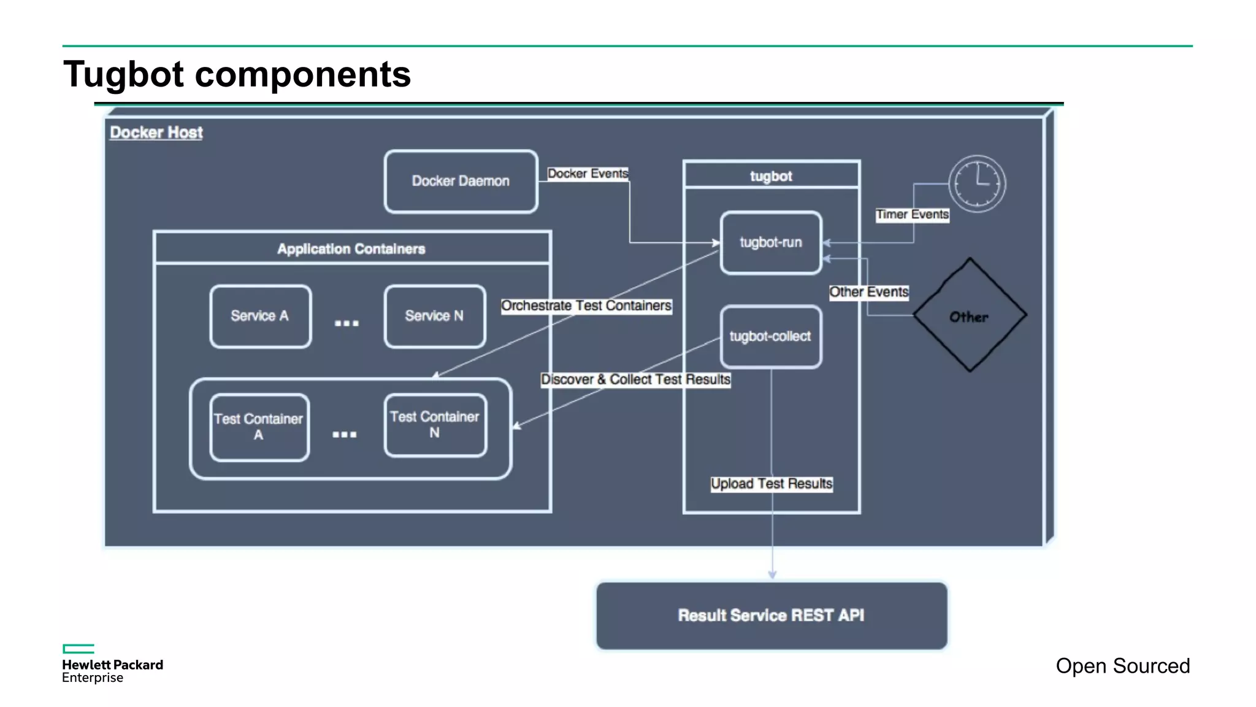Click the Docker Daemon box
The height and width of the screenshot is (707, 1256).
461,182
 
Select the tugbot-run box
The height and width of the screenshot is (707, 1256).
771,243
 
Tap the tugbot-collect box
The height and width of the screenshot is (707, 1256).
771,336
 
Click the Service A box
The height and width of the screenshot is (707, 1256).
260,316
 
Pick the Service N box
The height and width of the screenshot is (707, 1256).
434,316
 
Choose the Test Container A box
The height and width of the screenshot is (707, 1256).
259,427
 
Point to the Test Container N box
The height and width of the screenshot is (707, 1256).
435,425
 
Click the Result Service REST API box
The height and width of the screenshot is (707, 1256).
772,616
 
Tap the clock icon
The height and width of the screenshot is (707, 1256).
977,184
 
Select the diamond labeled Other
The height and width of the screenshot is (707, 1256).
970,315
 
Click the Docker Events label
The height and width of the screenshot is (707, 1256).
588,174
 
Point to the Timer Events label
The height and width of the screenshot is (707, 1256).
912,214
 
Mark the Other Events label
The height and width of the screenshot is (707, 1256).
868,292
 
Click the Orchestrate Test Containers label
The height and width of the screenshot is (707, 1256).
586,306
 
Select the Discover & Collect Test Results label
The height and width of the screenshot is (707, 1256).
635,379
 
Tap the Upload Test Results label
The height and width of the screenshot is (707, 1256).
772,484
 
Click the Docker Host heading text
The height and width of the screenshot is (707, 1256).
156,133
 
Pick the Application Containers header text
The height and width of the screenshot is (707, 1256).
351,249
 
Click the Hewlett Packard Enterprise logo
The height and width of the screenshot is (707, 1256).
112,664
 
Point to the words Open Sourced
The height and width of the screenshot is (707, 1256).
1122,666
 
